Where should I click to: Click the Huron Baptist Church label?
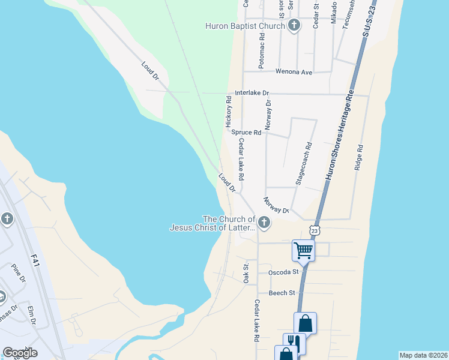(246, 25)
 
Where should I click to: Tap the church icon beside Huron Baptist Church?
(294, 25)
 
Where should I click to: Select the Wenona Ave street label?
(294, 72)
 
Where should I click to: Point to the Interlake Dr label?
(252, 93)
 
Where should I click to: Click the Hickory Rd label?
(229, 110)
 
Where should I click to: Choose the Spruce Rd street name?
(247, 132)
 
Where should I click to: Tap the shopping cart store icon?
(304, 250)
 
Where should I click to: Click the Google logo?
(20, 353)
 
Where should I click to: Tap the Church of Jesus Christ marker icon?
(264, 223)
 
